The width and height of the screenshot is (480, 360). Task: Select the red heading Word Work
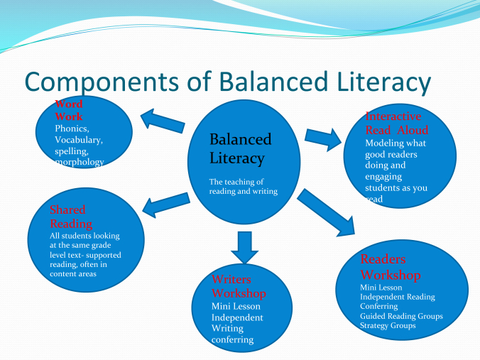tap(69, 110)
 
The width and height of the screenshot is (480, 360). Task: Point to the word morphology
tap(80, 162)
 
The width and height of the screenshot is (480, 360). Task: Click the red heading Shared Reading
tap(68, 217)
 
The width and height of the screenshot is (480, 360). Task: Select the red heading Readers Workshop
tap(391, 267)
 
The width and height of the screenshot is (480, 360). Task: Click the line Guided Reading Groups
tap(401, 316)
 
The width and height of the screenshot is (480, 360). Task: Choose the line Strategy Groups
tap(388, 325)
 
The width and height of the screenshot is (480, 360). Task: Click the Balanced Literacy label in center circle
tap(240, 148)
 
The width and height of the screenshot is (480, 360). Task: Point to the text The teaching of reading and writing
tap(242, 186)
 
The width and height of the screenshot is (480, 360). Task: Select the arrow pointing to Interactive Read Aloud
tap(322, 137)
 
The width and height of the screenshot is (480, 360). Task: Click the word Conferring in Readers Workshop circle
tap(379, 306)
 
